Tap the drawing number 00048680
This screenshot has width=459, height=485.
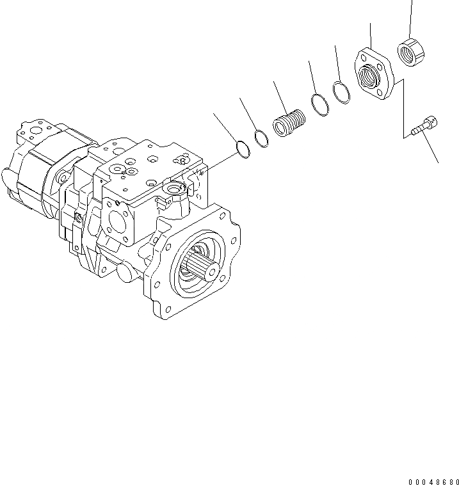(x=432, y=480)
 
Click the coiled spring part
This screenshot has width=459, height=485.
(x=289, y=122)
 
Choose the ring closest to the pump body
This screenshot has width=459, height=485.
(x=241, y=149)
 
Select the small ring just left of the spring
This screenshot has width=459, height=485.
(x=261, y=138)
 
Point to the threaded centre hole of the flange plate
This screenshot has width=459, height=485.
(x=371, y=76)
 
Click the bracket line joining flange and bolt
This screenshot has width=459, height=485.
(x=403, y=109)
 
